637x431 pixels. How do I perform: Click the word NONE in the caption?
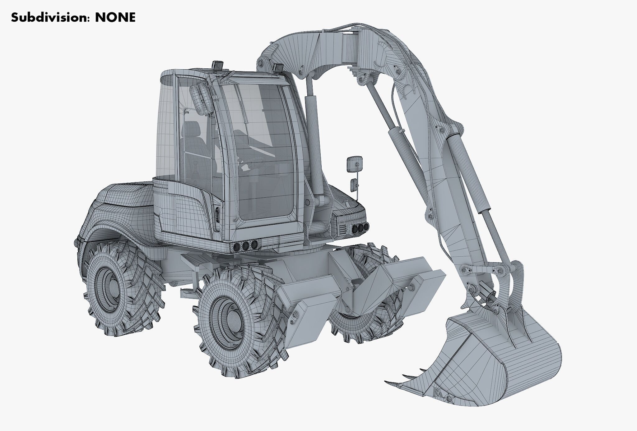(115, 18)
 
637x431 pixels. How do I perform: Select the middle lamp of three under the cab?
(246, 246)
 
